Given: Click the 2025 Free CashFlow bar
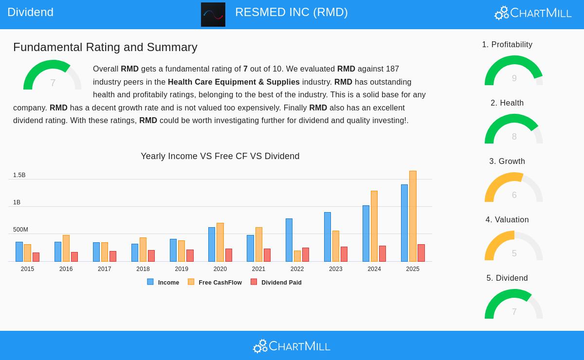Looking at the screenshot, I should [413, 216].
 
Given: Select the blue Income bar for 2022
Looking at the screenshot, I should [289, 240].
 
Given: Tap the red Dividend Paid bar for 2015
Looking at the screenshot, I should [36, 257].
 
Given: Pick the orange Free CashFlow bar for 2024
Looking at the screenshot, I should [374, 226].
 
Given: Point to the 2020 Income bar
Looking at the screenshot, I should [212, 245].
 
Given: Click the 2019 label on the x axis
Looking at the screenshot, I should [182, 269].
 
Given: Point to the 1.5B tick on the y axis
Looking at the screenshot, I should [19, 175].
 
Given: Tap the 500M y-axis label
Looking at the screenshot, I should [20, 230].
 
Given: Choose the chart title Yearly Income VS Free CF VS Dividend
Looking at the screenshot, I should [220, 156].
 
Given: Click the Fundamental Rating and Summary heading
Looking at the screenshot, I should [105, 47].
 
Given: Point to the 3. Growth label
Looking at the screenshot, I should [507, 162].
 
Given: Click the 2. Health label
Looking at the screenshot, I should [507, 103].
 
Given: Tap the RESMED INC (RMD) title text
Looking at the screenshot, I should [292, 12].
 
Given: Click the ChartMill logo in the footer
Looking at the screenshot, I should [292, 346].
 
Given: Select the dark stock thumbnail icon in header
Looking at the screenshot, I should [213, 15].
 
